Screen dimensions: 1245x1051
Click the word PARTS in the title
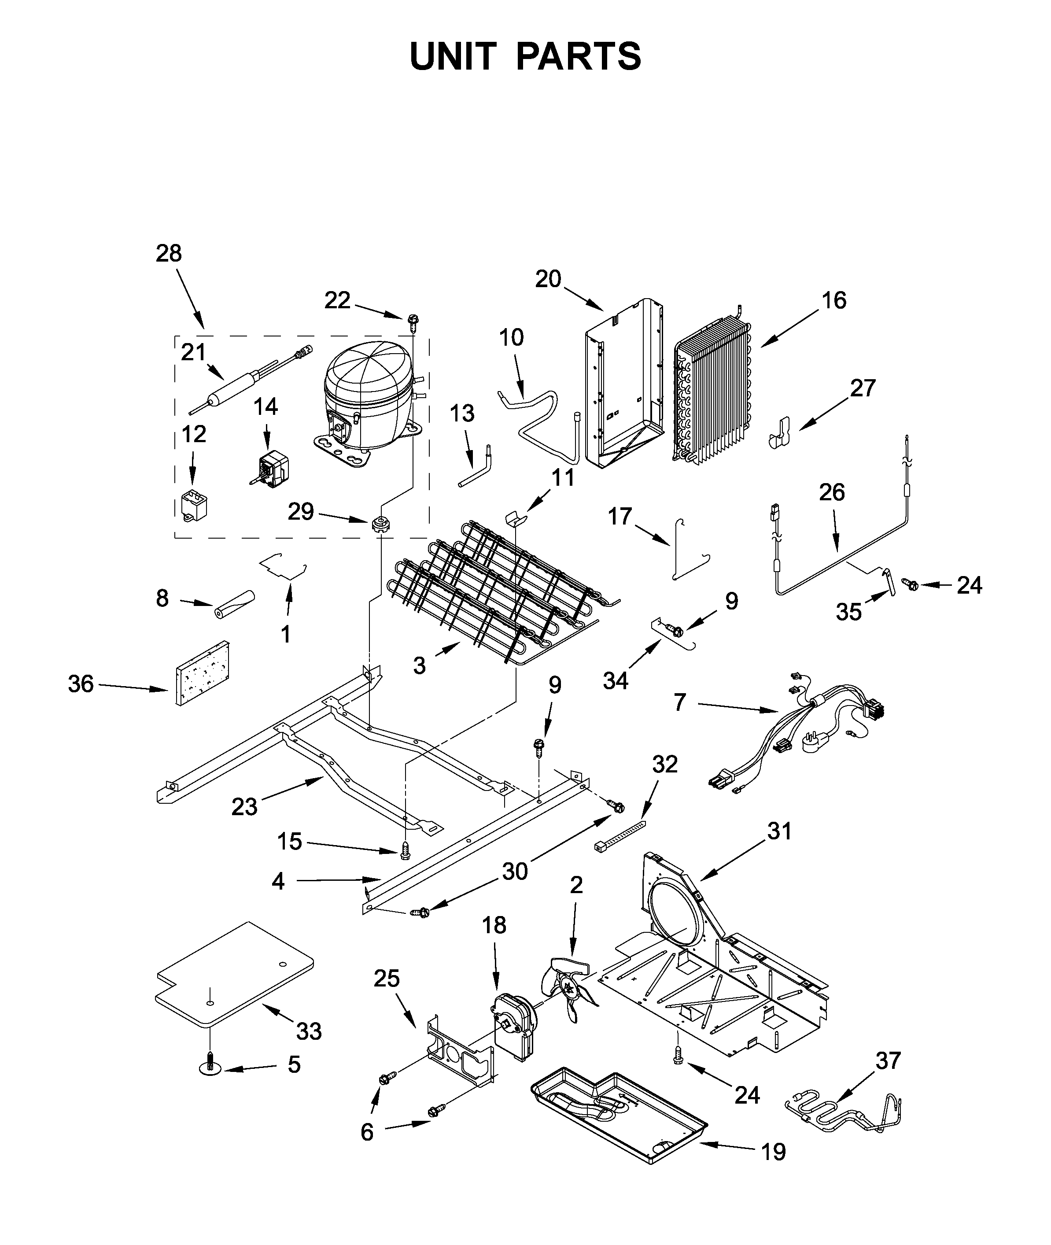pyautogui.click(x=578, y=57)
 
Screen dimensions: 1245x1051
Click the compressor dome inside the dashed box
pyautogui.click(x=365, y=381)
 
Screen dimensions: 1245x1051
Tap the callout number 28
pyautogui.click(x=169, y=253)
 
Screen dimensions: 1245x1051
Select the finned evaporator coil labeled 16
pyautogui.click(x=712, y=393)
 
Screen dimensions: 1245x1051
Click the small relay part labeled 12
pyautogui.click(x=191, y=504)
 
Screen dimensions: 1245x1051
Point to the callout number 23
pyautogui.click(x=244, y=807)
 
